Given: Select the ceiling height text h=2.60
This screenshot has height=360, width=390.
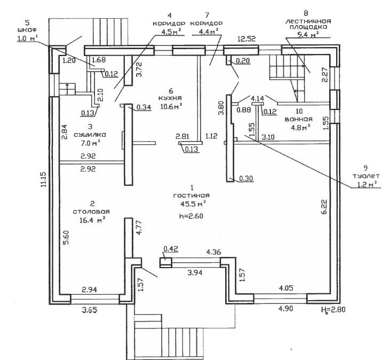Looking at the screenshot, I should pyautogui.click(x=191, y=216).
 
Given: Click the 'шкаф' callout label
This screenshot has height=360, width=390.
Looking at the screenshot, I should pyautogui.click(x=27, y=30).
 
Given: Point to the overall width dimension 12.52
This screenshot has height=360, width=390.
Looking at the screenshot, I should pyautogui.click(x=248, y=38).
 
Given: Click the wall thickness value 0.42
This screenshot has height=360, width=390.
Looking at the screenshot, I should pyautogui.click(x=171, y=248).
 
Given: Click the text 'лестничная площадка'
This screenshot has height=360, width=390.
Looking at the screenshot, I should pyautogui.click(x=306, y=22).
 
